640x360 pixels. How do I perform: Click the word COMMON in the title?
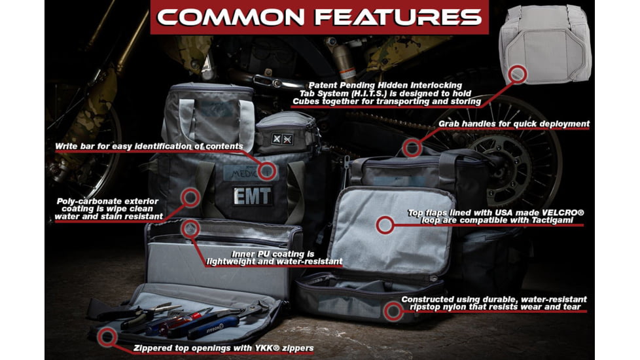pos(230,18)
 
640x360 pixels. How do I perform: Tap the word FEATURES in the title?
pos(399,18)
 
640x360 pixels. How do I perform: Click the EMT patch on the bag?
pos(252,196)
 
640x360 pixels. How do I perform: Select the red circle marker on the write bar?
pos(267,171)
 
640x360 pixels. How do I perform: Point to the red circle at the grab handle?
pos(412,148)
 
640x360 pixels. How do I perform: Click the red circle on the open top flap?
pos(385,225)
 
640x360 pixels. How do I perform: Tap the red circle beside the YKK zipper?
pos(107,336)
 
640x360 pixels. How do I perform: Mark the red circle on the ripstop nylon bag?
pos(393,312)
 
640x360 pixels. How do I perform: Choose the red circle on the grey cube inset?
pos(517,74)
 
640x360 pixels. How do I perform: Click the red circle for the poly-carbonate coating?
pos(190,198)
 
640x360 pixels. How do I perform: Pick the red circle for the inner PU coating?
pos(190,228)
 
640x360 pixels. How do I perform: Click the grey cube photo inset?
pos(545,45)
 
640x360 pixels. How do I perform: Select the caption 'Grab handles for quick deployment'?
pos(514,124)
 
